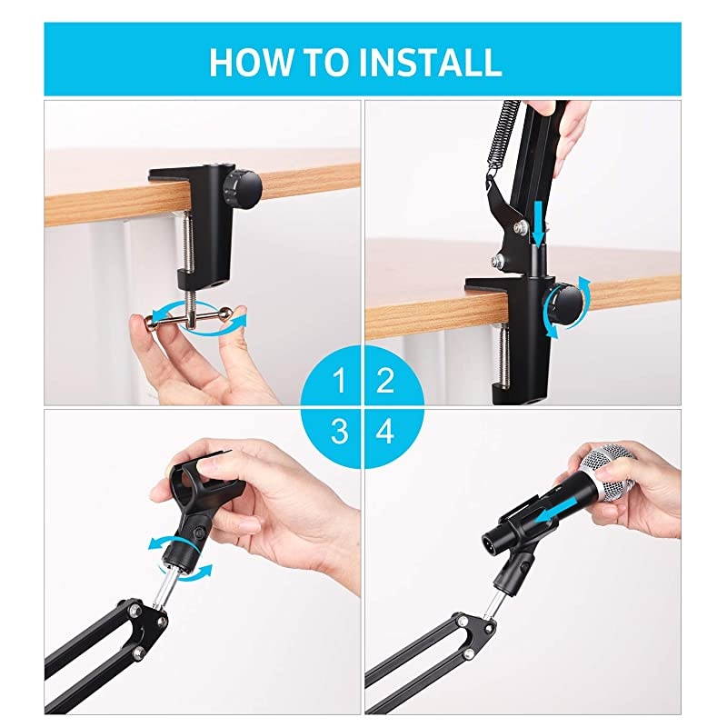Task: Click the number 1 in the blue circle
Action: (x=339, y=381)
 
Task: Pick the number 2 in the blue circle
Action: (x=385, y=381)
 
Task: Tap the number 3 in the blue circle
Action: (x=339, y=432)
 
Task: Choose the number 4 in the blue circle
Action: (x=385, y=432)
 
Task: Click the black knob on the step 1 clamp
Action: (x=244, y=186)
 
